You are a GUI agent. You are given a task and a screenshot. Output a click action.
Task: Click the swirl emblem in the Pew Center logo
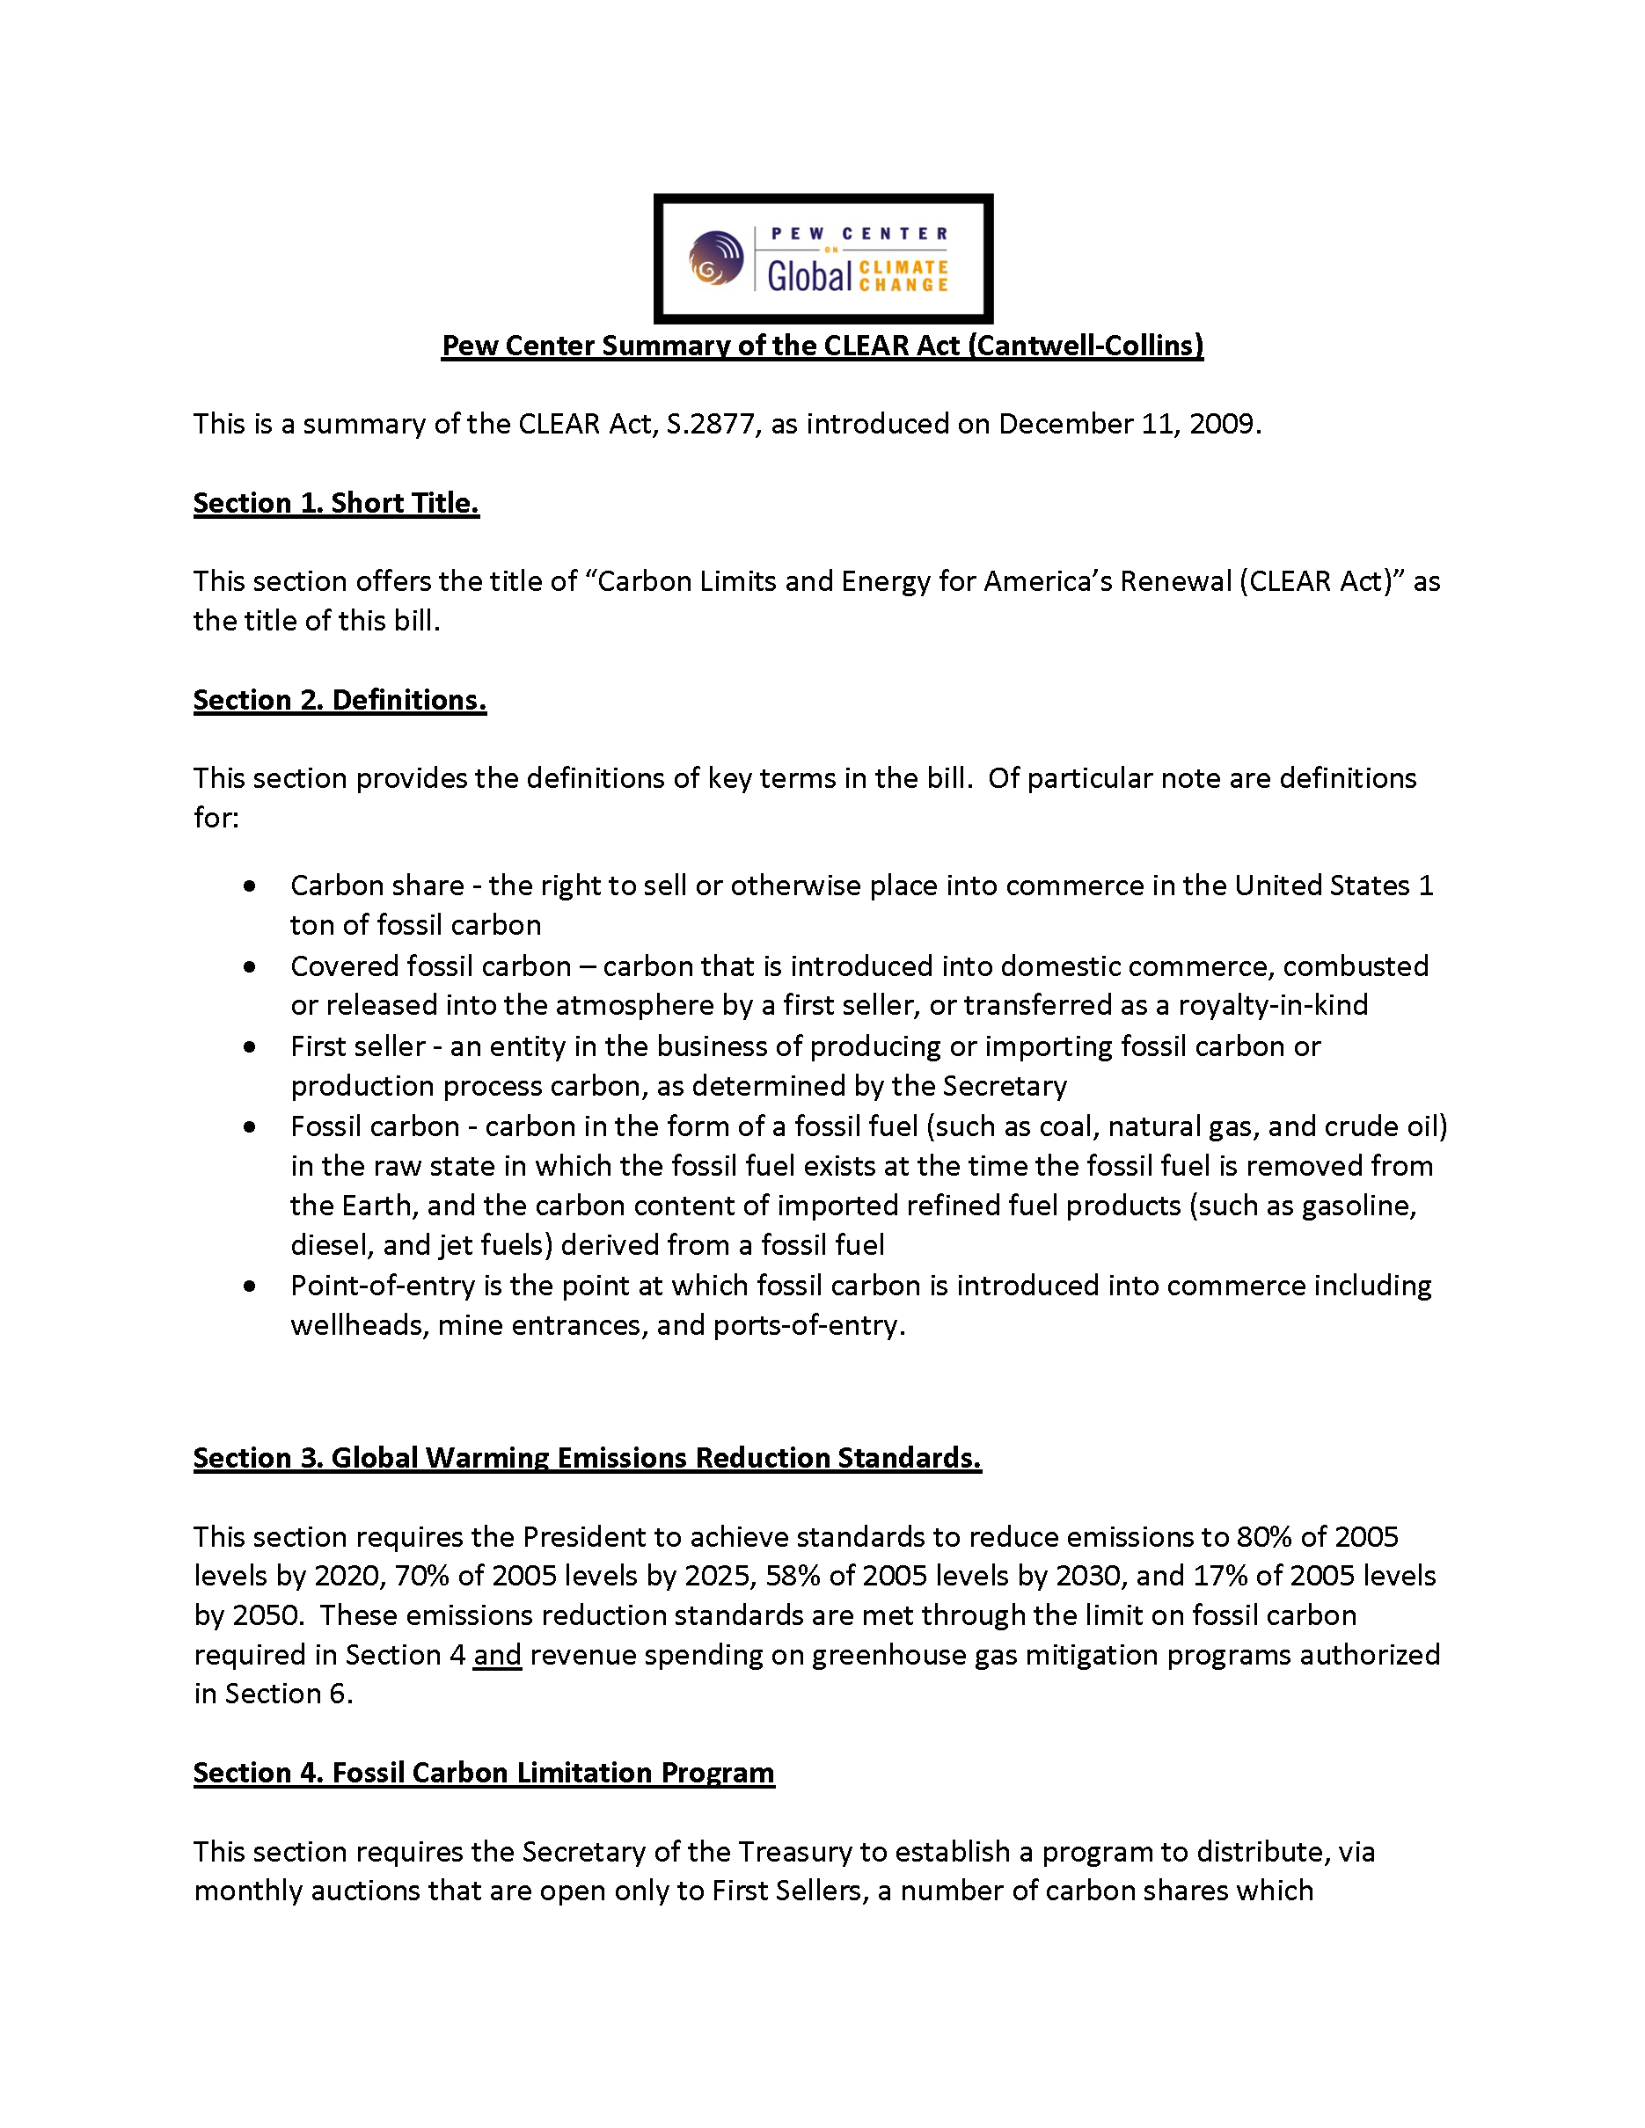coord(716,259)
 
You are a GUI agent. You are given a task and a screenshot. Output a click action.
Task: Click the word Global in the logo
coord(808,277)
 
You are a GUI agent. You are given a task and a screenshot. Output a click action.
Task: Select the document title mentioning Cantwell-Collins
coord(822,346)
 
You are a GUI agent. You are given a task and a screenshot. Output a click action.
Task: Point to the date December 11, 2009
coord(1129,425)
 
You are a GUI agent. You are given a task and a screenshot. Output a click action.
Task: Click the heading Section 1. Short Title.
coord(336,504)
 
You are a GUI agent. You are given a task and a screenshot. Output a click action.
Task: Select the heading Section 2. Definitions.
coord(340,701)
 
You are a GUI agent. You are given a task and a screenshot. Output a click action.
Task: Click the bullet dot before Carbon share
coord(251,886)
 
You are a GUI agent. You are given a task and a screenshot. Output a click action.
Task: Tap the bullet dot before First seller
coord(251,1047)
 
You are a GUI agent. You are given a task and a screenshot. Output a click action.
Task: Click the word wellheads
coord(360,1326)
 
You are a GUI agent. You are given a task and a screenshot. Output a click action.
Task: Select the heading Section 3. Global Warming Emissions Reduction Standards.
coord(587,1459)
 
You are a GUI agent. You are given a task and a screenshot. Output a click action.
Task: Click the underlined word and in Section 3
coord(497,1656)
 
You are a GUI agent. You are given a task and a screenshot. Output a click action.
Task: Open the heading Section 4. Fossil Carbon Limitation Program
coord(483,1774)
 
